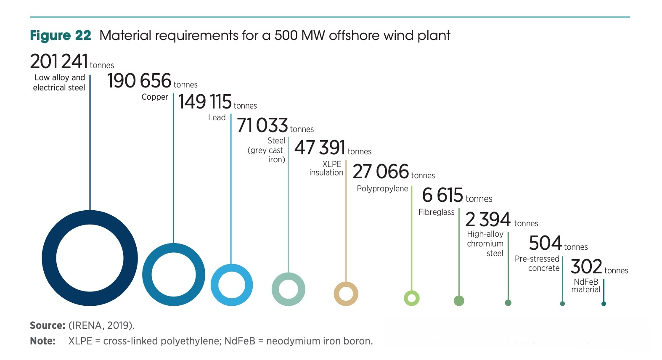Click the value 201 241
click(x=59, y=61)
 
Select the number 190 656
click(x=139, y=81)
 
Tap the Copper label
click(x=155, y=97)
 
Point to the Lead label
click(x=217, y=118)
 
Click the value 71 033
click(x=262, y=125)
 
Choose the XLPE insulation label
click(x=326, y=168)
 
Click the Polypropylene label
click(x=382, y=188)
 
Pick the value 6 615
click(x=442, y=195)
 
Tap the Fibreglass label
click(x=436, y=212)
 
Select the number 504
click(x=545, y=243)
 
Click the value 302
click(x=587, y=267)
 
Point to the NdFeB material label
click(x=586, y=286)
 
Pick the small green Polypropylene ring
click(x=412, y=298)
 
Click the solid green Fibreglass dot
click(x=459, y=301)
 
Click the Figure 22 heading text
click(x=61, y=35)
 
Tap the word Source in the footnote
click(x=46, y=326)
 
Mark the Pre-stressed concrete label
click(x=537, y=263)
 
